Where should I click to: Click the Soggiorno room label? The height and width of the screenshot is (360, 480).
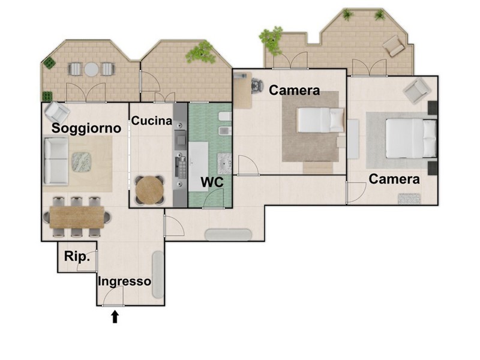pyautogui.click(x=86, y=128)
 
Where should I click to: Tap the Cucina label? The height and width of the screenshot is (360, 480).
pyautogui.click(x=152, y=121)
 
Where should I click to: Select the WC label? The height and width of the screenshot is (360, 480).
pyautogui.click(x=212, y=182)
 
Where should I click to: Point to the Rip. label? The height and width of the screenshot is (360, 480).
pyautogui.click(x=77, y=257)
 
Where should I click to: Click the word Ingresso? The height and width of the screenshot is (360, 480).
pyautogui.click(x=124, y=281)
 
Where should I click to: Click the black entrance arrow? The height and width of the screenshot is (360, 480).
pyautogui.click(x=115, y=317)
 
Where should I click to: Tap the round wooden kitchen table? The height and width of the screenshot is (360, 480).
pyautogui.click(x=149, y=190)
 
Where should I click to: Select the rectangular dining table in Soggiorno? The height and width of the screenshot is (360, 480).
pyautogui.click(x=77, y=217)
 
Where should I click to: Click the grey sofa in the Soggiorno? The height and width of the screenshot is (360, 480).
pyautogui.click(x=55, y=161)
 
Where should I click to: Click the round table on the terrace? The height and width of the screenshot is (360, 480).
pyautogui.click(x=91, y=69)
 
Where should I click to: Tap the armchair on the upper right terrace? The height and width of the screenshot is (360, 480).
pyautogui.click(x=394, y=46)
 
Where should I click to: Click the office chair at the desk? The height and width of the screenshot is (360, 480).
pyautogui.click(x=257, y=86)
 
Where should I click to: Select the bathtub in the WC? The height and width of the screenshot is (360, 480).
pyautogui.click(x=199, y=167)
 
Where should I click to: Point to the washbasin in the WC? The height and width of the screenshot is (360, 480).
pyautogui.click(x=224, y=164)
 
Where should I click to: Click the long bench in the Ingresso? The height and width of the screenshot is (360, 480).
pyautogui.click(x=158, y=275)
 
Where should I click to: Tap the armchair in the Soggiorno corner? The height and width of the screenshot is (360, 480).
pyautogui.click(x=56, y=112)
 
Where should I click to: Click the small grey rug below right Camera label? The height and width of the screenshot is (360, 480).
pyautogui.click(x=409, y=199)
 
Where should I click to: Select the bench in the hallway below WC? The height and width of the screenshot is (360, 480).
pyautogui.click(x=229, y=235)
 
